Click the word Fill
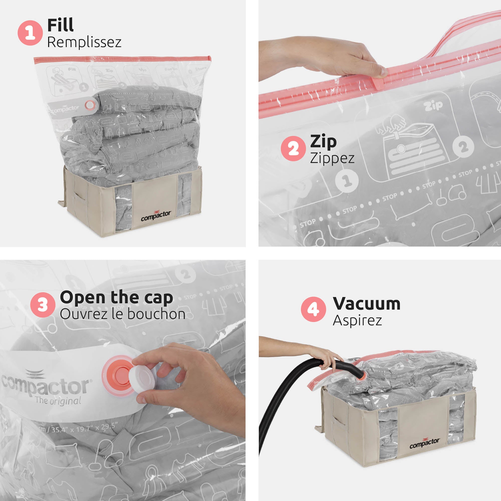click(60, 25)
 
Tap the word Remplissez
click(84, 42)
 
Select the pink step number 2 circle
click(293, 149)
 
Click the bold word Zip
click(323, 142)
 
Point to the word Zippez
click(332, 158)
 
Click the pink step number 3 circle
click(43, 305)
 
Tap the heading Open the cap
click(116, 297)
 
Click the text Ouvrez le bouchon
click(122, 314)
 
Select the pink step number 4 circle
click(313, 309)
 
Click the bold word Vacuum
click(366, 303)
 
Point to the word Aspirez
click(357, 321)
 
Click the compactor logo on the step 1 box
click(156, 216)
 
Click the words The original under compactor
click(58, 401)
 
